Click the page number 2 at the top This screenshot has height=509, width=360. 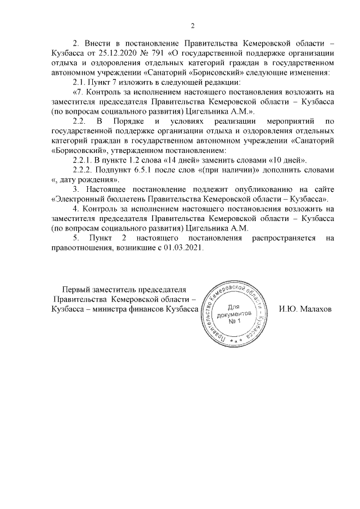[192, 25]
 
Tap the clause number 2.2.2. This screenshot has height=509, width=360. [84, 169]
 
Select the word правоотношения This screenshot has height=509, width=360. [80, 247]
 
